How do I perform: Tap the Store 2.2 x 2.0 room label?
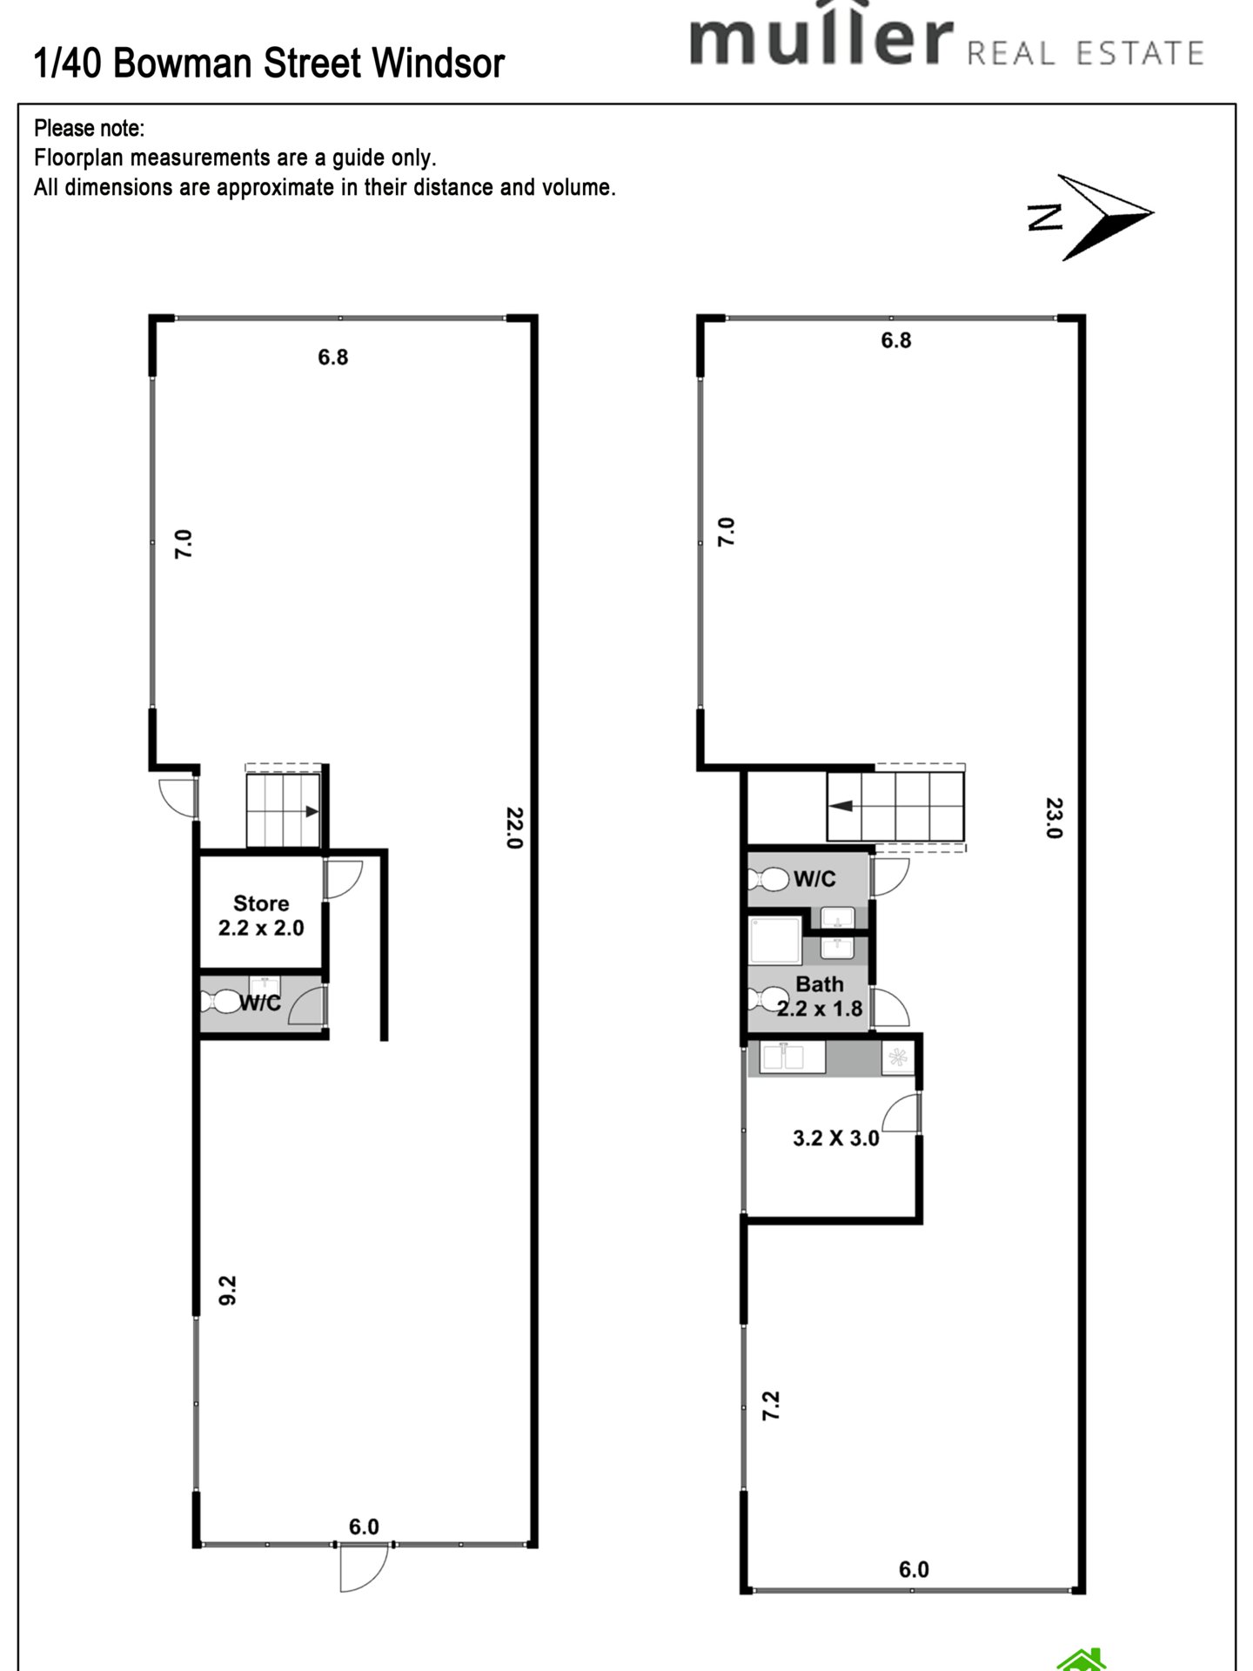point(261,916)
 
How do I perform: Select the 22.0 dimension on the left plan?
point(514,828)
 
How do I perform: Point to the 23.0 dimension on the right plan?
point(1054,817)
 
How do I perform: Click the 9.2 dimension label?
point(228,1291)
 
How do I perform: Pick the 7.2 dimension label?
point(771,1430)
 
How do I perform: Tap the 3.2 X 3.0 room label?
point(836,1138)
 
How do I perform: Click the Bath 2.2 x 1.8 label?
point(820,997)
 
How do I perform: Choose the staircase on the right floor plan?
point(895,806)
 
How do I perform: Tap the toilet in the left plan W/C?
point(220,1003)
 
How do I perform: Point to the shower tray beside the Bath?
point(775,939)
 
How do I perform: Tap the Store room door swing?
point(343,880)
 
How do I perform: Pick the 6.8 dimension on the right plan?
point(895,340)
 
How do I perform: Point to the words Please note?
point(89,129)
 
